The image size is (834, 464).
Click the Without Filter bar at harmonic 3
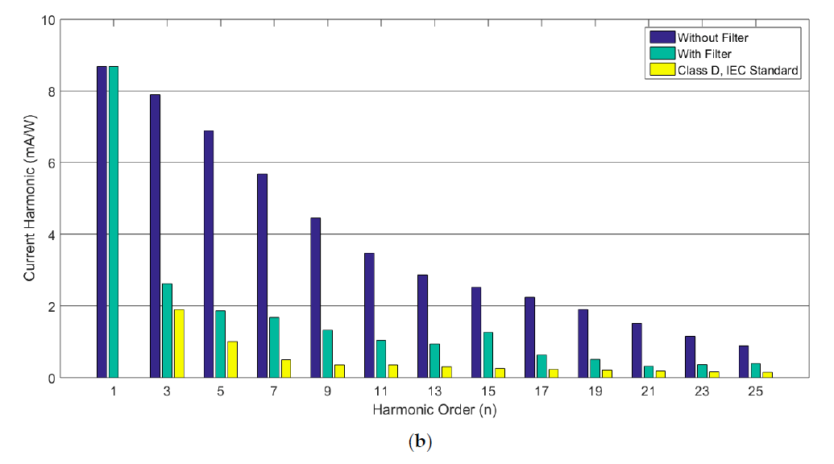click(155, 235)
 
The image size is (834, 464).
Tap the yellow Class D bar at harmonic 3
click(179, 343)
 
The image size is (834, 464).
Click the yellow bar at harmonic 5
click(232, 359)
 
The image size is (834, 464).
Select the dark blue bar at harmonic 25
click(743, 361)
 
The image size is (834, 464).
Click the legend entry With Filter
click(704, 54)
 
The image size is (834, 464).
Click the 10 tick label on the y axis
click(46, 19)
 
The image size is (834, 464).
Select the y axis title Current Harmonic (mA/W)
click(29, 198)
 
